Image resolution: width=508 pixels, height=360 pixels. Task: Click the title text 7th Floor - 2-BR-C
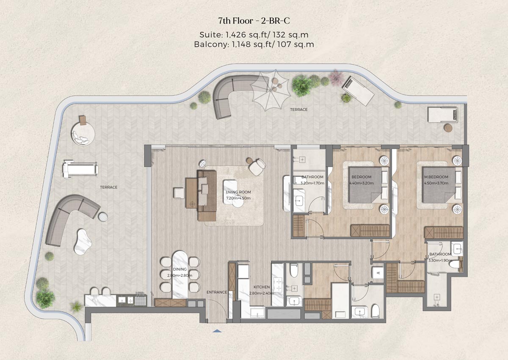[254, 21]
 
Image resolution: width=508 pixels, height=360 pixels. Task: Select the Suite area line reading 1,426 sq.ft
[254, 35]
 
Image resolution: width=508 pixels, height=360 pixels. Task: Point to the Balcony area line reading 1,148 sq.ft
[254, 44]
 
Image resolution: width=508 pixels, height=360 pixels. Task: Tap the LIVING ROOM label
[238, 192]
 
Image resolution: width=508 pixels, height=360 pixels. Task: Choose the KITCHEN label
[261, 287]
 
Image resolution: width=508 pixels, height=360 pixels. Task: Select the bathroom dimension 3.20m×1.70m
[312, 183]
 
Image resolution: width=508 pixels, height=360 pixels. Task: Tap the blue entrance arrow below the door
[217, 332]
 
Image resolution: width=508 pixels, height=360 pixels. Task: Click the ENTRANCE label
[216, 292]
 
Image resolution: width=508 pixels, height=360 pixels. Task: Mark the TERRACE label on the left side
[109, 187]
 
